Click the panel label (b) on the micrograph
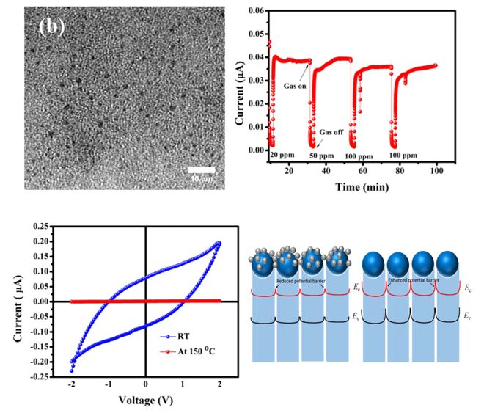(x=52, y=26)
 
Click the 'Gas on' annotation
(x=295, y=86)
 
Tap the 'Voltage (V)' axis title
(x=145, y=401)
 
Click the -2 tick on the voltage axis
(x=72, y=384)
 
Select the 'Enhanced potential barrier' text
(x=414, y=281)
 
